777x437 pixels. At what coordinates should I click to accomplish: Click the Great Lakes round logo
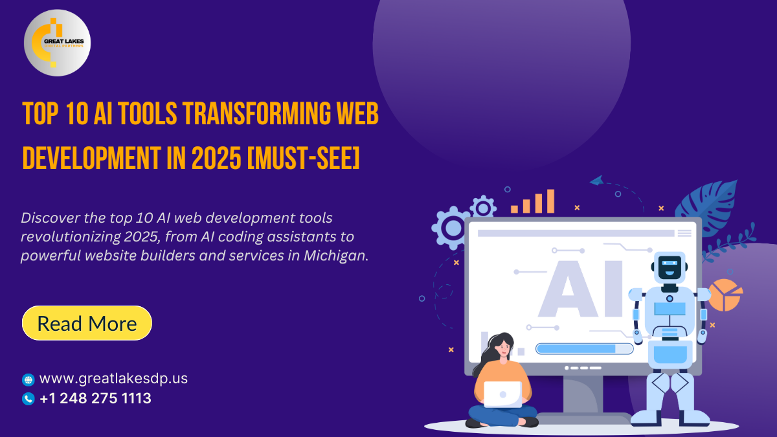pos(58,43)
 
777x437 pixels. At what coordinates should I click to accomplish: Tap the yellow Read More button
pos(87,323)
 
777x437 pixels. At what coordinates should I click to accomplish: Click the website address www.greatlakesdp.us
pos(113,379)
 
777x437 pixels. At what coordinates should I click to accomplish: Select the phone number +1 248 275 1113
pos(95,398)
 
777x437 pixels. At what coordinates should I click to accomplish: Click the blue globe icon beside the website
pos(28,379)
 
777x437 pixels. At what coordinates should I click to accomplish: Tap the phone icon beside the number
pos(28,399)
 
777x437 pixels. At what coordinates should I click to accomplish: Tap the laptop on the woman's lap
pos(502,394)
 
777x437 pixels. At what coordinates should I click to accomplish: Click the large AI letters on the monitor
pos(581,289)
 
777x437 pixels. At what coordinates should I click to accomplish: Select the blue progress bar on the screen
pos(583,348)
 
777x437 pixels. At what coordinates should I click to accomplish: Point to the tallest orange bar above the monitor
pos(550,201)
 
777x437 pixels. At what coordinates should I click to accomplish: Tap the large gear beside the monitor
pos(451,226)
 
